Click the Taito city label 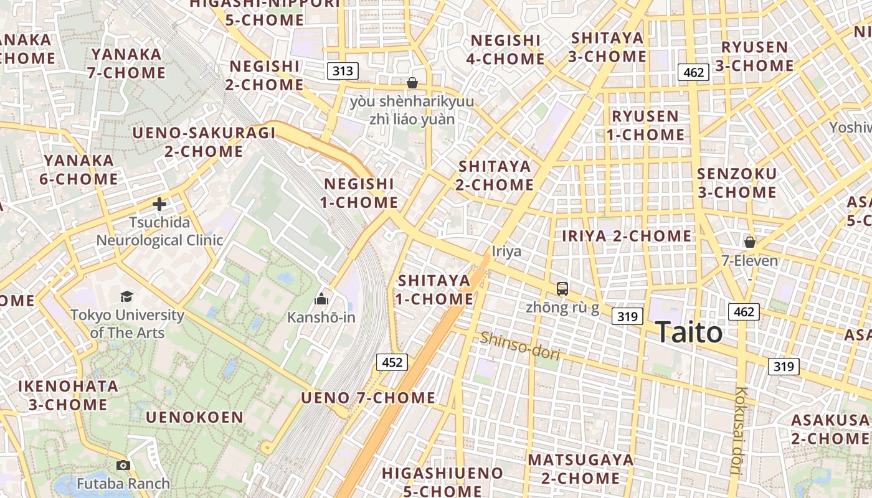[688, 332]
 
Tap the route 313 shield [343, 71]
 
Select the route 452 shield [392, 362]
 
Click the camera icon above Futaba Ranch [123, 465]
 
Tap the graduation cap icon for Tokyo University [127, 296]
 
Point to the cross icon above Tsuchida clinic [159, 204]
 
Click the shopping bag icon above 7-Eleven [750, 242]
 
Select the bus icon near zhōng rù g [562, 288]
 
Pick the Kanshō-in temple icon [321, 299]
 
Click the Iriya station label [506, 251]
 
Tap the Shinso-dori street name [519, 345]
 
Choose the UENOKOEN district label [195, 417]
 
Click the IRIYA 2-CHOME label [627, 236]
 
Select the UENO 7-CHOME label [368, 397]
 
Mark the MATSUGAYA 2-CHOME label [581, 469]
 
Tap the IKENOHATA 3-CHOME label [68, 395]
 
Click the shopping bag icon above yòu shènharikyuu [412, 83]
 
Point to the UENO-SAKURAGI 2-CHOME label [204, 141]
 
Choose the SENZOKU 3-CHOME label [737, 182]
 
